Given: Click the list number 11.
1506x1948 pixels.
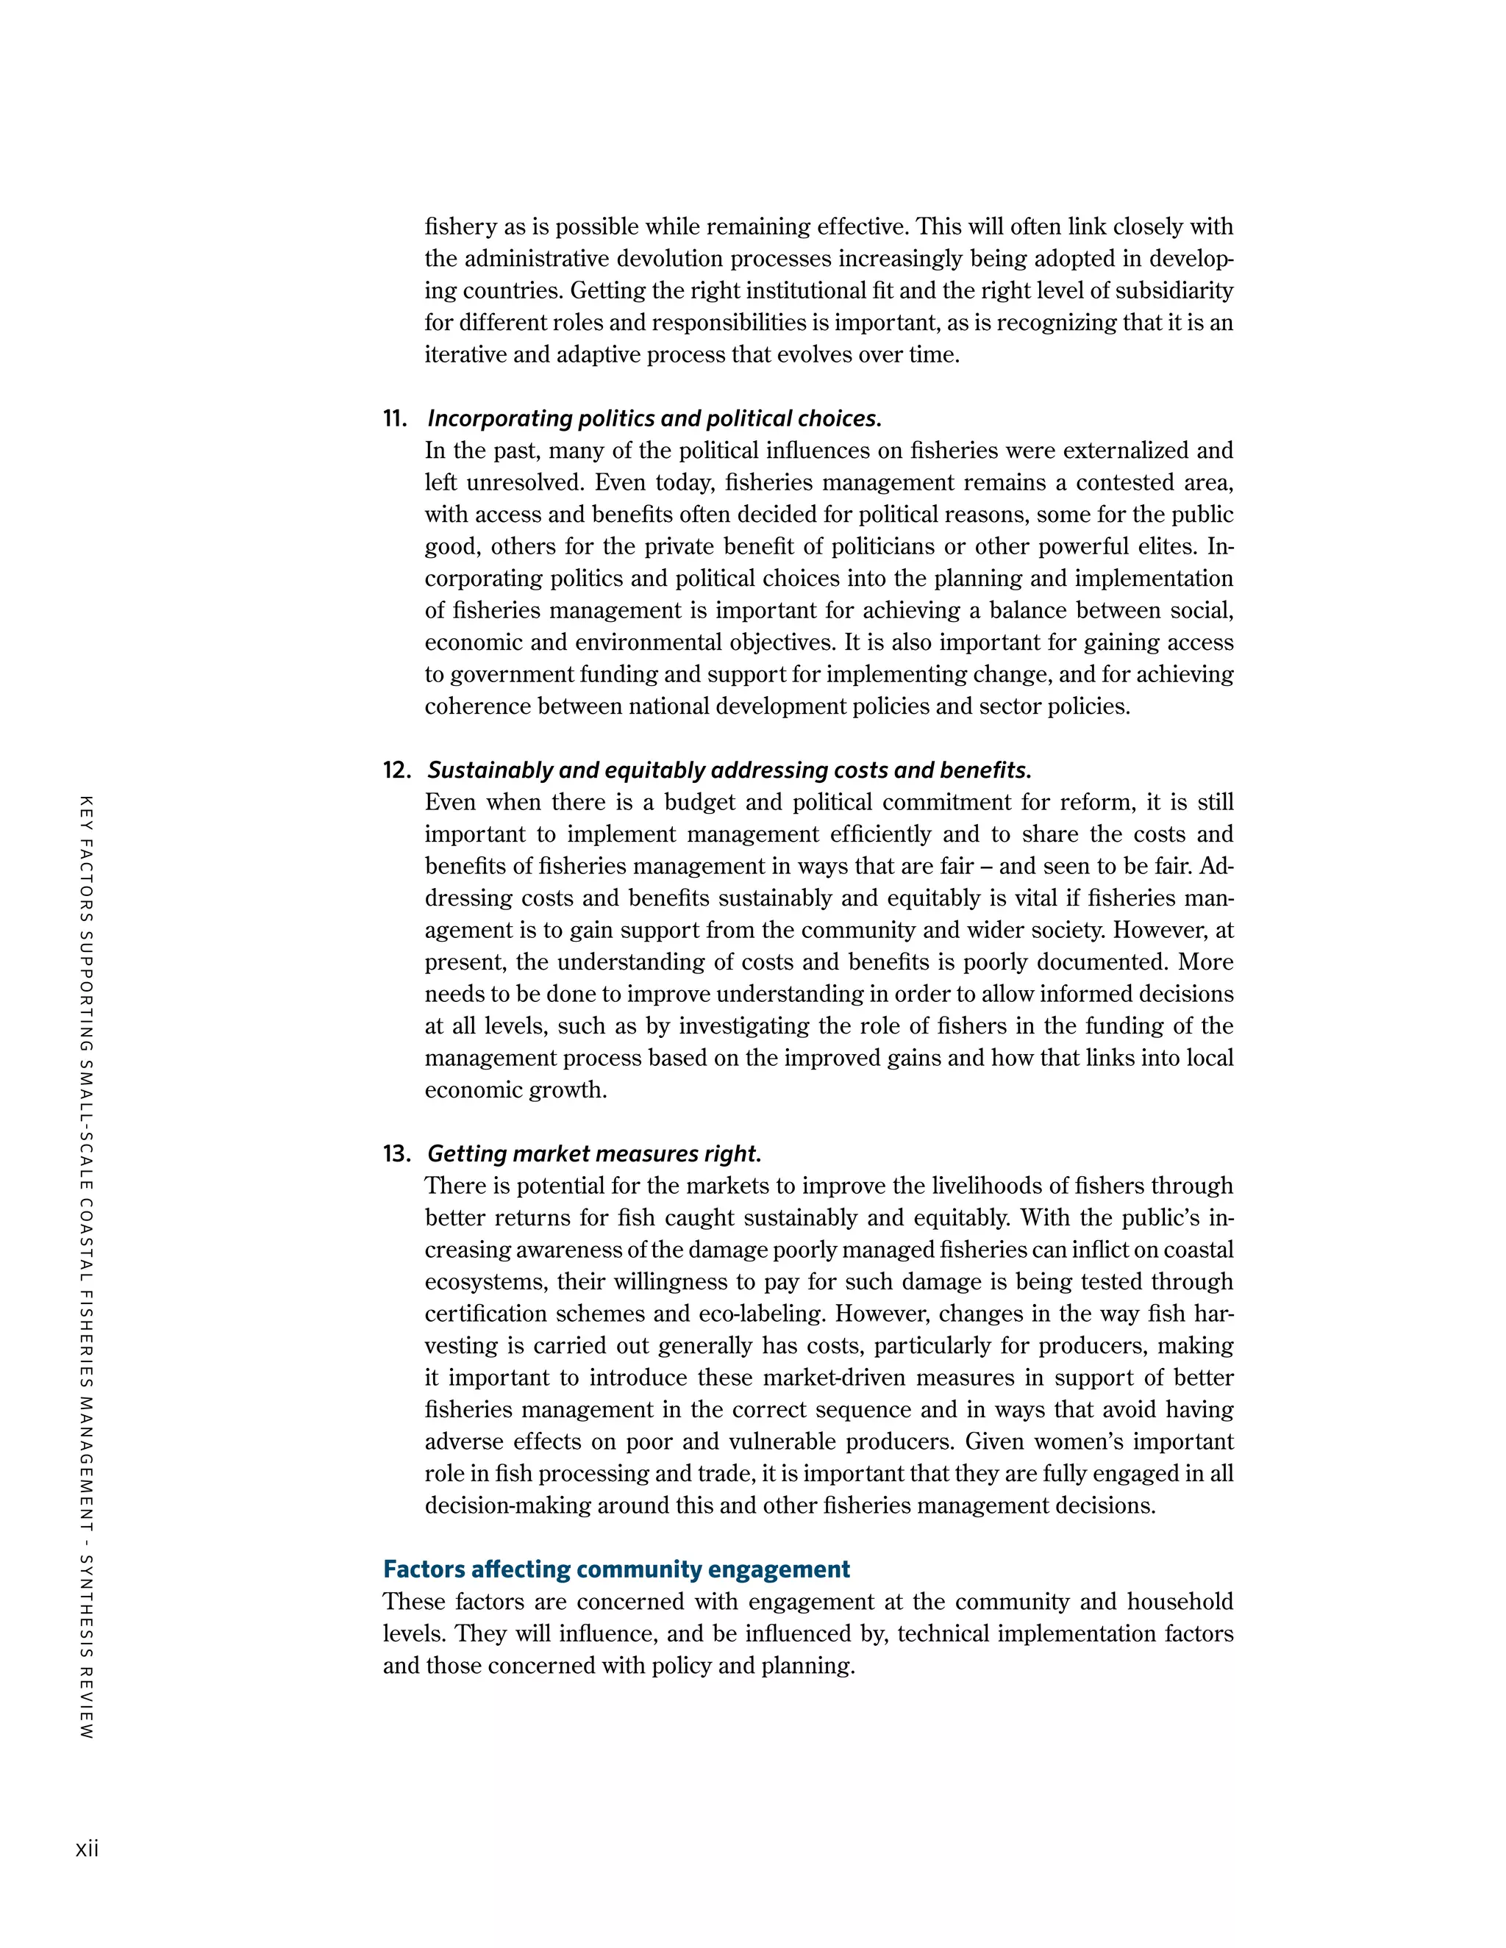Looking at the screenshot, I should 395,418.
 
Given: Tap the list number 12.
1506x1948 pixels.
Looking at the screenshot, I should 396,770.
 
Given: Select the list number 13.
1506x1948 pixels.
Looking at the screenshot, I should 396,1153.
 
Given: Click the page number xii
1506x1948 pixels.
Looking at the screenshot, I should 87,1849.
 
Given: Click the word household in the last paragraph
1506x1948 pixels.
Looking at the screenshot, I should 1180,1602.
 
